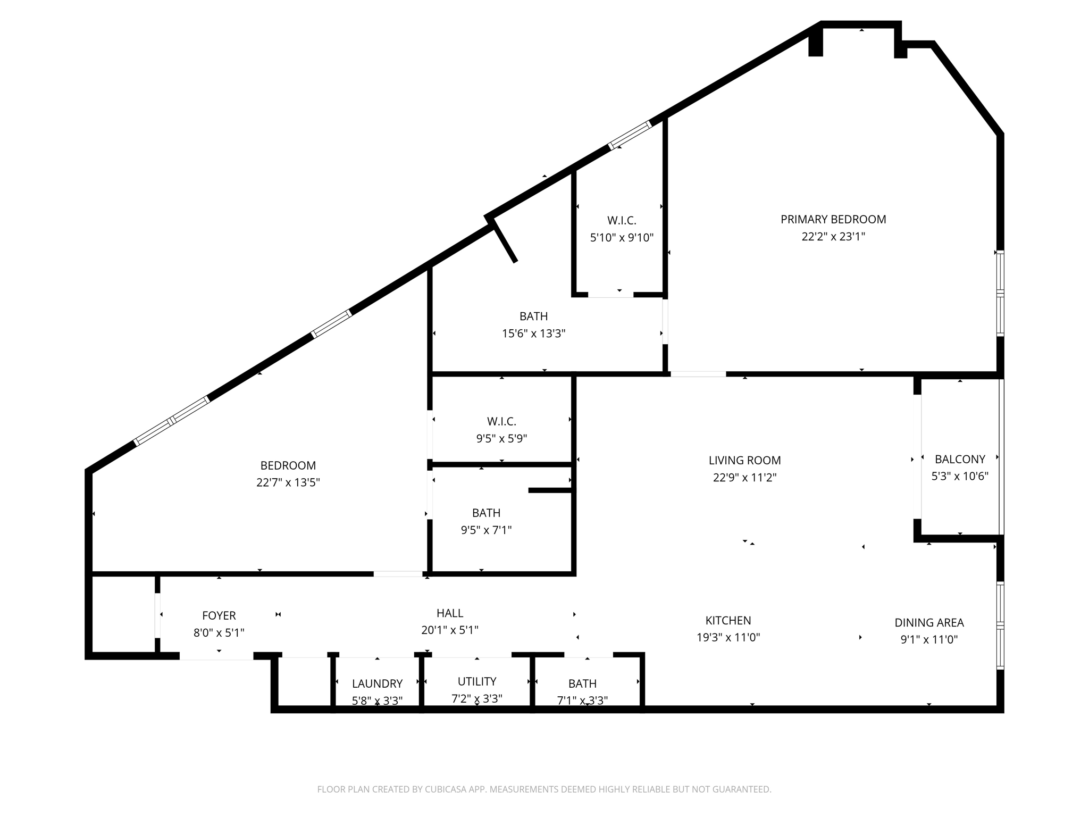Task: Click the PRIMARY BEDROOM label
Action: coord(833,219)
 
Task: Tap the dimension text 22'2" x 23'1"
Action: coord(833,237)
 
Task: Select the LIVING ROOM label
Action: coord(744,461)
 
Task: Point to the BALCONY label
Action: coord(960,459)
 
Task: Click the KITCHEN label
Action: coord(728,620)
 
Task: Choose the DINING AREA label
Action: coord(928,622)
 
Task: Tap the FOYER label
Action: coord(219,615)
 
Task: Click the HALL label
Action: coord(450,613)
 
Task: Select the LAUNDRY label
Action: coord(377,683)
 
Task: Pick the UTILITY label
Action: coord(477,681)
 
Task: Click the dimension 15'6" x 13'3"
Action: coord(533,334)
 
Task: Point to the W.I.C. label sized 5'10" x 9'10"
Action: coord(622,220)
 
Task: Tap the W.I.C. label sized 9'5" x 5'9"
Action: coord(501,422)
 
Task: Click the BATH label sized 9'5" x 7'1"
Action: coord(486,513)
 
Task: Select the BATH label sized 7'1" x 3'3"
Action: coord(582,683)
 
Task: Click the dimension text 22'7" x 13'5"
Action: coord(288,482)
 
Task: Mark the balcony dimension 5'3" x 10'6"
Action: coord(960,476)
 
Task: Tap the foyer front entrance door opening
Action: coord(216,656)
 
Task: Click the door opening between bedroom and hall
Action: coord(398,574)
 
